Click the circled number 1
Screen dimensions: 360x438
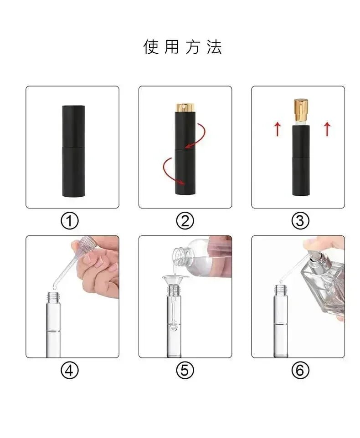(70, 221)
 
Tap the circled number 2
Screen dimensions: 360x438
(185, 221)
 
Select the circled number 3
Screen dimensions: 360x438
(300, 221)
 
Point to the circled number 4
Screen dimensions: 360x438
(70, 371)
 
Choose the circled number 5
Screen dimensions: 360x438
(185, 371)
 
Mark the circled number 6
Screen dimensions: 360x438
(300, 371)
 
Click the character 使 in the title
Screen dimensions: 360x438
(151, 46)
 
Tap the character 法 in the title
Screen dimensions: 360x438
(214, 46)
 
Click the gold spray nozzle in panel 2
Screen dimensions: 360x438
(185, 107)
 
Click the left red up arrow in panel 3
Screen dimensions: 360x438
(277, 129)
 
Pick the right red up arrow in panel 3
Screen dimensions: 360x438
(327, 129)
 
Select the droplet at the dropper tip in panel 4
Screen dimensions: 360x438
(54, 286)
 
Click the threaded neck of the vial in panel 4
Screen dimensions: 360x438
(53, 297)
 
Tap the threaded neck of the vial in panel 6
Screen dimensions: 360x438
(281, 290)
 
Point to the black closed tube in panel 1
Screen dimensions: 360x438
(73, 151)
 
